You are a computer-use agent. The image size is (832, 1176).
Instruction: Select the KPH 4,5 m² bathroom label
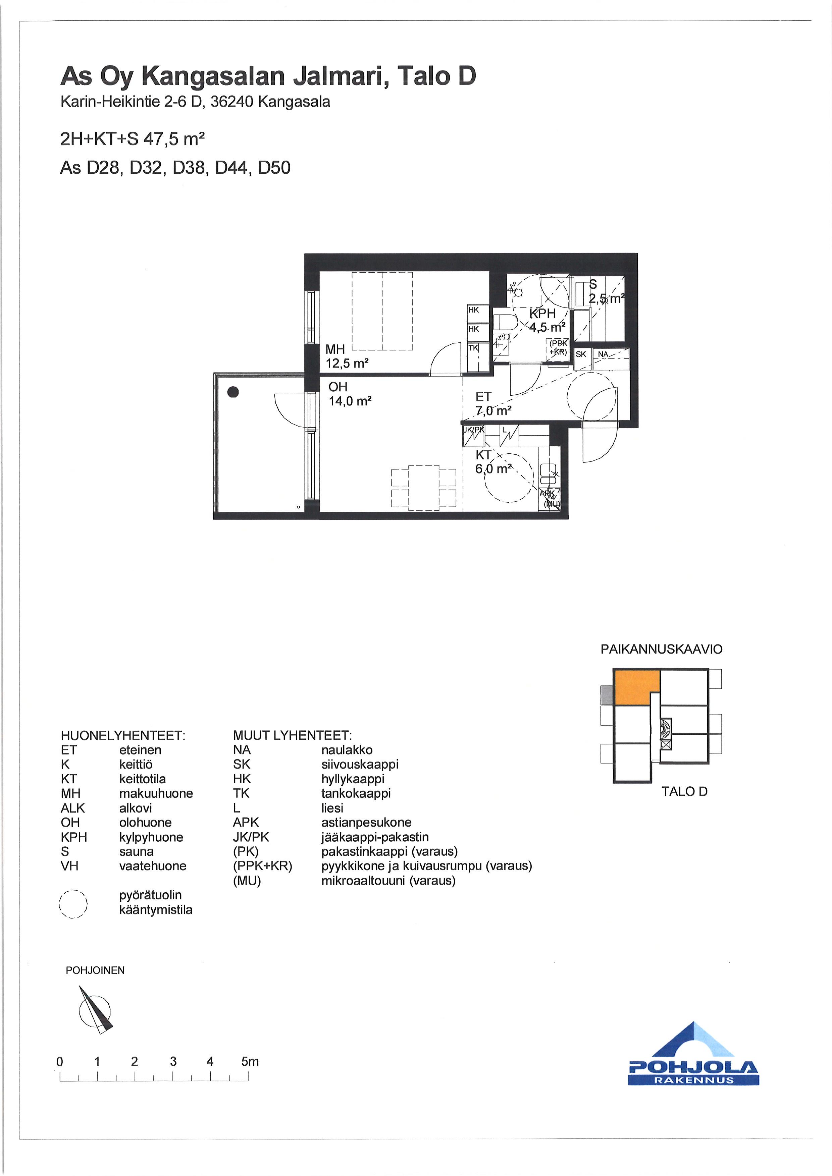pyautogui.click(x=547, y=320)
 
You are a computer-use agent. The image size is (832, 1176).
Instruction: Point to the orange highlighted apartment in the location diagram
pyautogui.click(x=635, y=687)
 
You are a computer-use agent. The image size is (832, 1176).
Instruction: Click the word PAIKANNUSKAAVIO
pyautogui.click(x=661, y=649)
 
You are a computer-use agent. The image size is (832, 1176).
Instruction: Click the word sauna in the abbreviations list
pyautogui.click(x=136, y=851)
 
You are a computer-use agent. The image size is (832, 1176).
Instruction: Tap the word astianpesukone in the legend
pyautogui.click(x=366, y=822)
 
